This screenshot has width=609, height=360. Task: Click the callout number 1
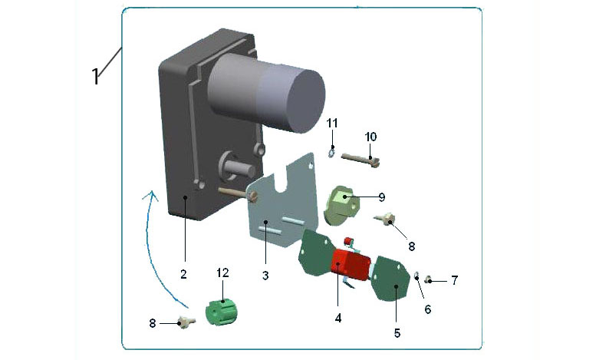(x=96, y=76)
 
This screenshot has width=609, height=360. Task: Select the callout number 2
(x=184, y=274)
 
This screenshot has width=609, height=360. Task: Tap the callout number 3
(x=265, y=276)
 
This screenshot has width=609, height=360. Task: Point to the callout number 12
(x=222, y=273)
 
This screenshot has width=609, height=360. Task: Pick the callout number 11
(x=332, y=124)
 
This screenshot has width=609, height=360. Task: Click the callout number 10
(x=371, y=137)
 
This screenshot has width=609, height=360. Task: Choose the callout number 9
(x=382, y=197)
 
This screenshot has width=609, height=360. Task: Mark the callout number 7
(x=454, y=280)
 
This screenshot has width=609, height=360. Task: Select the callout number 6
(x=428, y=309)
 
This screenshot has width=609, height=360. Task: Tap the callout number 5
(x=397, y=333)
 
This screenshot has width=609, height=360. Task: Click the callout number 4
(x=338, y=318)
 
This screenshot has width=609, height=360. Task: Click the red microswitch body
(x=350, y=265)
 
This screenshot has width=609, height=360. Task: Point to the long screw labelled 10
(x=360, y=160)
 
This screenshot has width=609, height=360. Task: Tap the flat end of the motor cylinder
(x=306, y=102)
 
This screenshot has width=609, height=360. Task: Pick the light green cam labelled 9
(x=341, y=205)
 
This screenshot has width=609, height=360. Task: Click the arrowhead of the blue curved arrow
(x=151, y=196)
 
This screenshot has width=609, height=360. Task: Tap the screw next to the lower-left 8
(x=187, y=322)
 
